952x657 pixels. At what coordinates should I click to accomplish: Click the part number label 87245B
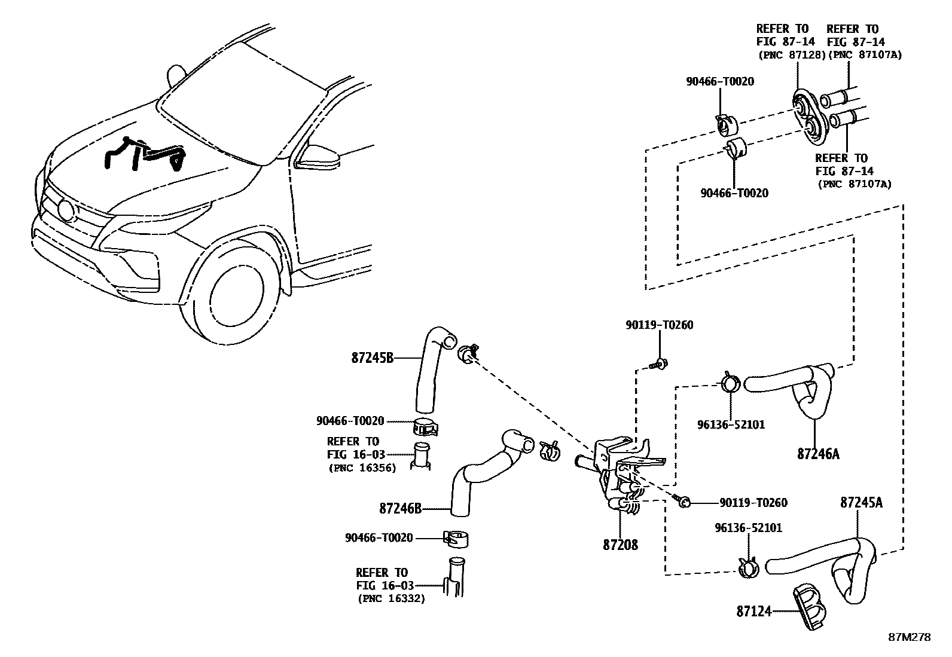372,358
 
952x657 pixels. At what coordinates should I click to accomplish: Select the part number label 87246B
400,509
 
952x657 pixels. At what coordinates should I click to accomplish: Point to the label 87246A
817,454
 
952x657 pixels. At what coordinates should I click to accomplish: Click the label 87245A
861,502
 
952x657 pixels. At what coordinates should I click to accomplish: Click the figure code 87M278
908,637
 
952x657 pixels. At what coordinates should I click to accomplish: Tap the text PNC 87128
791,54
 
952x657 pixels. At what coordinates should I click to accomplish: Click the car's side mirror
317,156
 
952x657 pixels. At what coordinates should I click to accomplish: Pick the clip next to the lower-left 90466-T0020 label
456,538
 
